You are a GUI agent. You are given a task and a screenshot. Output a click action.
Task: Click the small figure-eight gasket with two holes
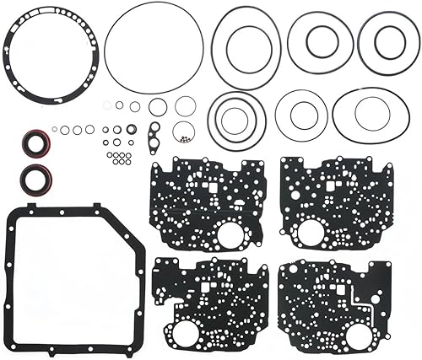(x=154, y=135)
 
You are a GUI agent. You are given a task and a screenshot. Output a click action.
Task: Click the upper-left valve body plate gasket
(x=207, y=202)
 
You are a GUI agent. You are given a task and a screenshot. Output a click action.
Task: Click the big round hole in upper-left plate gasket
(x=229, y=234)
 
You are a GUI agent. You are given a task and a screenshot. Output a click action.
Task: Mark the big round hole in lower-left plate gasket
(x=187, y=329)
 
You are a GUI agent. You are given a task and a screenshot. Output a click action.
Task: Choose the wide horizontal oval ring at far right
(x=369, y=116)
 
